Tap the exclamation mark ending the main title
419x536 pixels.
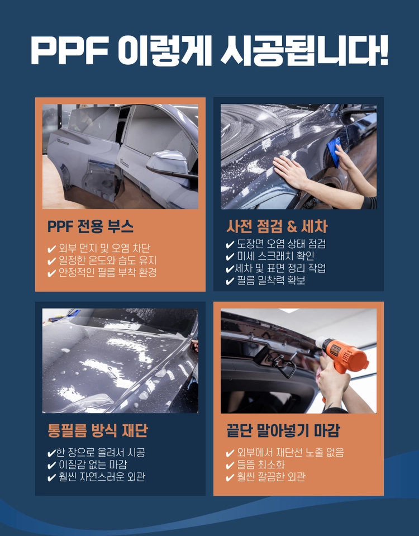pyautogui.click(x=383, y=49)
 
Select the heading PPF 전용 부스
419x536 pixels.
pyautogui.click(x=91, y=226)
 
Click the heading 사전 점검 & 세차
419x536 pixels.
pyautogui.click(x=277, y=226)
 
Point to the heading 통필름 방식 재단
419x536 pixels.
pyautogui.click(x=98, y=430)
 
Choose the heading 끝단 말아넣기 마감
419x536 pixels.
pyautogui.click(x=283, y=430)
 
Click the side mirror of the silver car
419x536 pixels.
pyautogui.click(x=168, y=163)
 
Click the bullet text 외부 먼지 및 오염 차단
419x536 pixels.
pyautogui.click(x=104, y=248)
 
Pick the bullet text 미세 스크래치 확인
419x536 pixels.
pyautogui.click(x=275, y=256)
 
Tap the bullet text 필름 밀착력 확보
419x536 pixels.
pyautogui.click(x=271, y=281)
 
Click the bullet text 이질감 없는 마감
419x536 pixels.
pyautogui.click(x=93, y=464)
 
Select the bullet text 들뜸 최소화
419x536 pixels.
pyautogui.click(x=261, y=464)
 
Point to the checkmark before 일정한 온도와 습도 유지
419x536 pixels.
pyautogui.click(x=51, y=262)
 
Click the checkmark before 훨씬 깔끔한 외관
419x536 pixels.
pyautogui.click(x=230, y=477)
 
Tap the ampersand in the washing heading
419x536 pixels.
pyautogui.click(x=292, y=226)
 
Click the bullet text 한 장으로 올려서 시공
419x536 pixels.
pyautogui.click(x=101, y=452)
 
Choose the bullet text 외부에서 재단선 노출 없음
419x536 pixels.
pyautogui.click(x=291, y=452)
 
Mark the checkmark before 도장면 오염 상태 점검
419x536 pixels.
pyautogui.click(x=230, y=244)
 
